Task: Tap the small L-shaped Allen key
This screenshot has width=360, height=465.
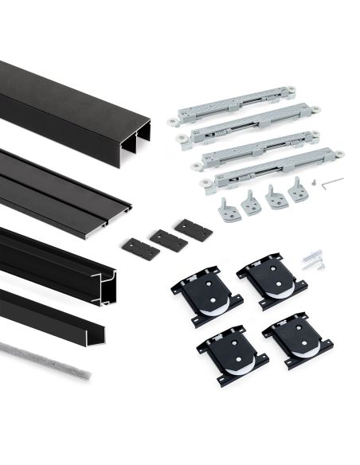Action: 333,182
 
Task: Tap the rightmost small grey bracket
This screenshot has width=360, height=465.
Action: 299,192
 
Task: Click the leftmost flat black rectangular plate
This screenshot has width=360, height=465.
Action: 140,246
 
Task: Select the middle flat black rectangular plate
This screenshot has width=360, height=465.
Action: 168,240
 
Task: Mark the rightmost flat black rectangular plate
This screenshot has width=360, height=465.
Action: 194,230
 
